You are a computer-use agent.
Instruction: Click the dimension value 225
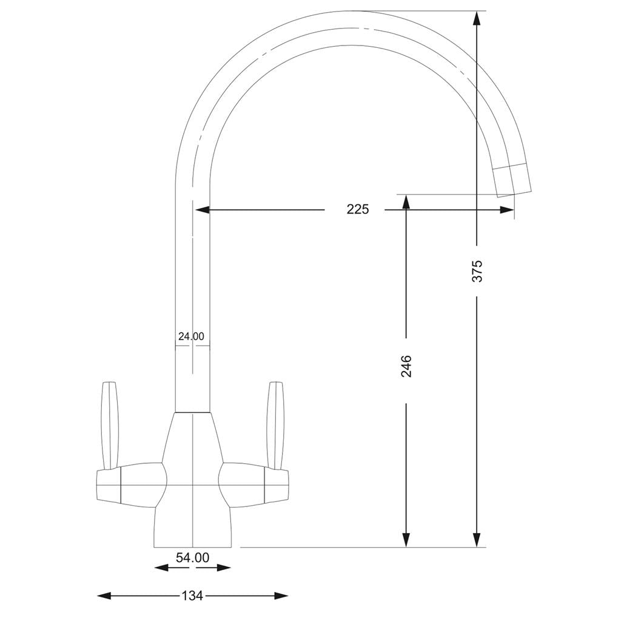tap(357, 210)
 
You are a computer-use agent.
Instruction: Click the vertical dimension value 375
tap(477, 270)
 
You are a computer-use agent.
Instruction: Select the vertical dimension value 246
tap(406, 366)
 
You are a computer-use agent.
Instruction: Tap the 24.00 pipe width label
tap(191, 336)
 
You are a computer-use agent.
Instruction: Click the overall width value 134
tap(192, 596)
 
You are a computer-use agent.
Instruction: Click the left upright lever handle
tap(109, 425)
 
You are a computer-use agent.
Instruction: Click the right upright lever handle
tap(276, 425)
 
